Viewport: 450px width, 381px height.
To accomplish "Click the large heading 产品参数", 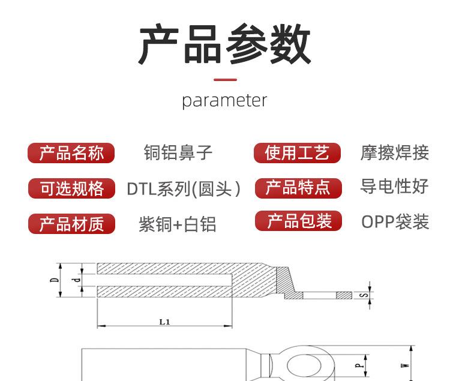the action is (x=225, y=44).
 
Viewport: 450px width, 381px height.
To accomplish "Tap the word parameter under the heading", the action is (x=225, y=101).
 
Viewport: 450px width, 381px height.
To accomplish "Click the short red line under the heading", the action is (x=225, y=79).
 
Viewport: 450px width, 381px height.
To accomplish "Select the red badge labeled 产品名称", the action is (x=71, y=153).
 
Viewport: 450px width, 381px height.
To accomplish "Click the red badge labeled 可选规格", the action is (x=71, y=188).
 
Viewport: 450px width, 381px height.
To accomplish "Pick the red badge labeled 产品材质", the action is (x=71, y=224).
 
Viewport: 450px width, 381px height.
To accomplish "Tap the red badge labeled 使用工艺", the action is (x=297, y=152).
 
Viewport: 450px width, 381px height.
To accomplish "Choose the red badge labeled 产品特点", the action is (x=298, y=188).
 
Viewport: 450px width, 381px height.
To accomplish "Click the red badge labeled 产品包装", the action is (x=298, y=221).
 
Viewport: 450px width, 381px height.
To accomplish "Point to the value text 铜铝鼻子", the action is (x=178, y=152).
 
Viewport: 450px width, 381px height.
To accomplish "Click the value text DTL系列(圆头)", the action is (x=184, y=189).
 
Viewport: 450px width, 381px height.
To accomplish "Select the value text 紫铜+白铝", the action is (x=178, y=224).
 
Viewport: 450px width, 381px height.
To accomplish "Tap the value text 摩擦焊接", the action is (x=395, y=152).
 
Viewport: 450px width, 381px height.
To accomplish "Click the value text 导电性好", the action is (x=394, y=186).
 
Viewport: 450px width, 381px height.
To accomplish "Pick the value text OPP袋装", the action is (x=395, y=222).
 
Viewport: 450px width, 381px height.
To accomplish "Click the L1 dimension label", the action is (x=165, y=322).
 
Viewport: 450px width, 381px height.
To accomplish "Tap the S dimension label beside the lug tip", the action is (x=364, y=295).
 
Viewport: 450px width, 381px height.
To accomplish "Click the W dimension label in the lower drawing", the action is (x=405, y=365).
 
